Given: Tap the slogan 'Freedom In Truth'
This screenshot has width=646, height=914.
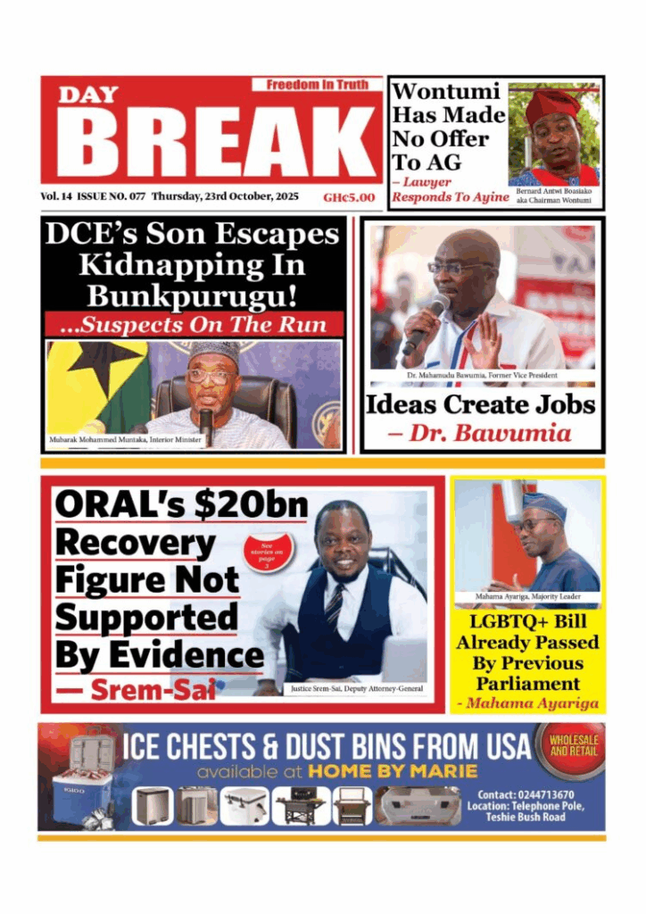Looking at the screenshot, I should click(317, 85).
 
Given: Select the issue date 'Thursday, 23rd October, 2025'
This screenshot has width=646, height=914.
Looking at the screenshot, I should click(225, 196).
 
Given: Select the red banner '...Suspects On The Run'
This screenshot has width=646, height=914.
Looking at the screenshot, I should click(195, 324).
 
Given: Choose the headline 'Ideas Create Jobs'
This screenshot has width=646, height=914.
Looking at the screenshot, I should click(480, 404).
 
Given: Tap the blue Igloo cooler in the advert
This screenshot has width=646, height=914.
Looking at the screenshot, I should click(81, 786).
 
